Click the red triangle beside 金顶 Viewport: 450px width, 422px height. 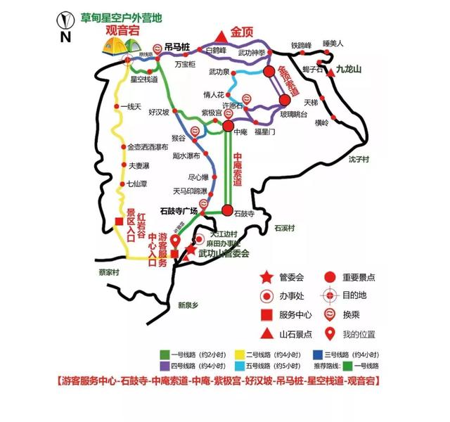(x=221, y=34)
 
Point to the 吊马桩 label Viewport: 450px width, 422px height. (x=177, y=46)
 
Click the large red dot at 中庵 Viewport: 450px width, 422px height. (x=229, y=126)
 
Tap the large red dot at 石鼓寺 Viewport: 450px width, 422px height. (x=227, y=210)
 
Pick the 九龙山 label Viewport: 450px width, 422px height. (x=347, y=70)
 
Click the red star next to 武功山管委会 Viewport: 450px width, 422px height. (x=190, y=250)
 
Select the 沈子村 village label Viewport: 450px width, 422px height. (x=359, y=160)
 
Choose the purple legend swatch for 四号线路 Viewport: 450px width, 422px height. (x=166, y=366)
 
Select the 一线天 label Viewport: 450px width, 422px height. (x=131, y=107)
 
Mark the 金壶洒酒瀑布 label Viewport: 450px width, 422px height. (x=147, y=147)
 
